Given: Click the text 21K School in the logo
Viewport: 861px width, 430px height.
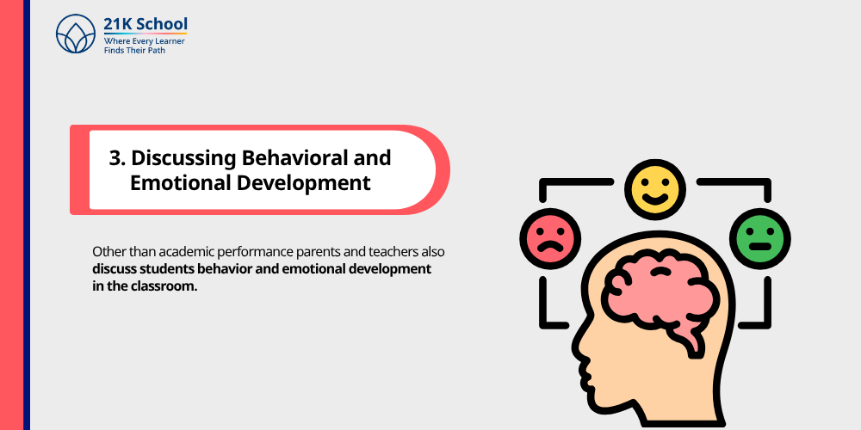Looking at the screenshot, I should coord(145,24).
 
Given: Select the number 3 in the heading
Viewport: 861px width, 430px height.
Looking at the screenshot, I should coord(115,158).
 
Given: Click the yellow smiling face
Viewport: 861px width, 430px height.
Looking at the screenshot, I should coord(655,188).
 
